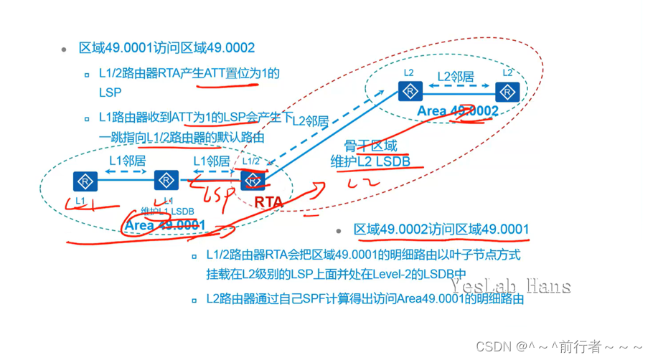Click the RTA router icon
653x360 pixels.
coord(252,180)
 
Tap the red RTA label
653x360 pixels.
coord(268,203)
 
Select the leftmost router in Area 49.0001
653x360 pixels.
coord(85,180)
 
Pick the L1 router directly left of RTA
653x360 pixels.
coord(166,180)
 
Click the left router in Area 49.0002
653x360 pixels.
coord(410,92)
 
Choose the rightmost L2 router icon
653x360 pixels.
coord(507,92)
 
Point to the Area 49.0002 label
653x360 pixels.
coord(458,111)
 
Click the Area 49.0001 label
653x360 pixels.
coord(165,225)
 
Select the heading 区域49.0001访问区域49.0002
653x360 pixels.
coord(166,48)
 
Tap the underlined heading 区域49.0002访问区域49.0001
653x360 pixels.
coord(441,229)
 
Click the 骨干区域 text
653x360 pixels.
coord(370,146)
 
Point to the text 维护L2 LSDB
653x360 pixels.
coord(370,161)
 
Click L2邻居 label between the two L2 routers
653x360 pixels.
coord(456,75)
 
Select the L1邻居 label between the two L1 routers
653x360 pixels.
coord(126,161)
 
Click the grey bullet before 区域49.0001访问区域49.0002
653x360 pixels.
coord(64,49)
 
